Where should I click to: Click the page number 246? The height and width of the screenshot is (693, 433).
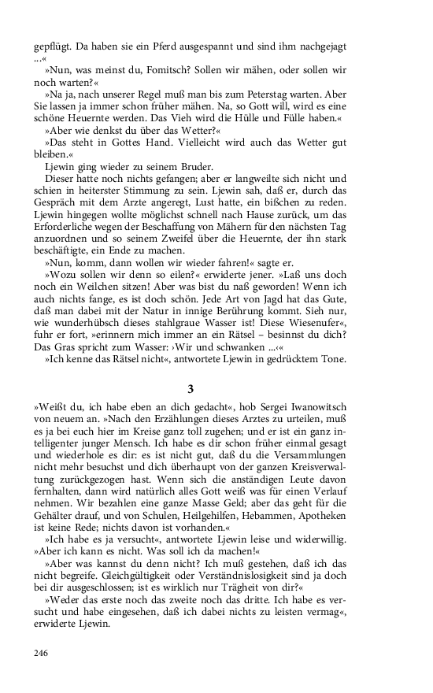[x=42, y=653]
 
